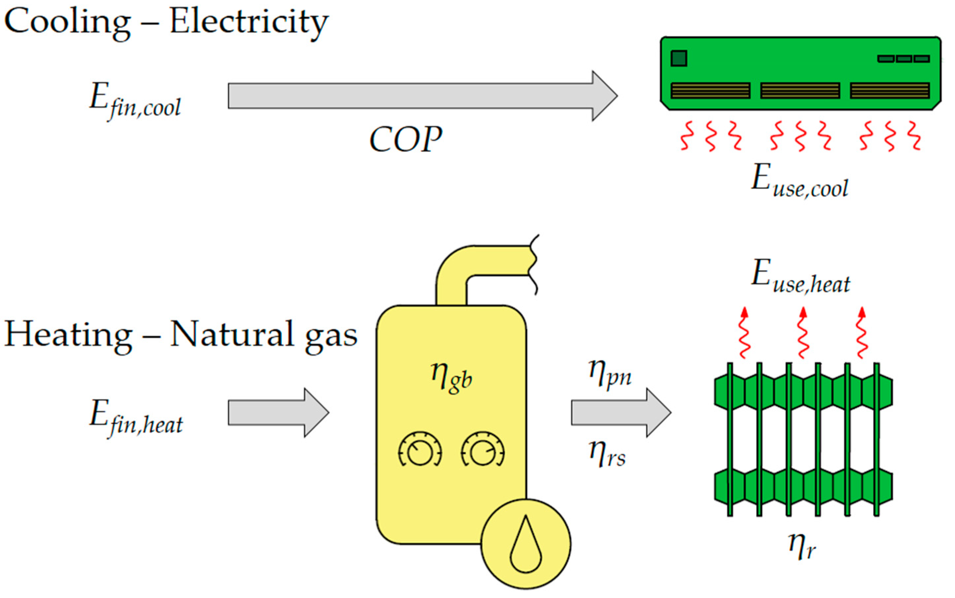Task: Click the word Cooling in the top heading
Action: coord(67,23)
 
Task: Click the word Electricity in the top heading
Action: coord(249,23)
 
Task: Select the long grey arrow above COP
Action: coord(423,96)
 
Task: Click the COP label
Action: coord(405,139)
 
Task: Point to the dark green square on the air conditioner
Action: coord(679,58)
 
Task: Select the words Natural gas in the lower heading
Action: coord(264,336)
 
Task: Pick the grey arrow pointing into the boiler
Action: coord(278,412)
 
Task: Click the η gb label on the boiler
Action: coord(452,377)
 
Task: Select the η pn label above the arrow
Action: coord(610,374)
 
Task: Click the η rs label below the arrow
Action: coord(607,455)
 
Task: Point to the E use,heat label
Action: coord(800,277)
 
